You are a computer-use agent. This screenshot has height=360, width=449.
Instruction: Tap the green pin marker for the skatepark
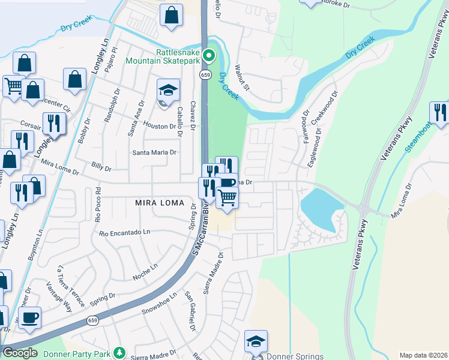tap(209, 56)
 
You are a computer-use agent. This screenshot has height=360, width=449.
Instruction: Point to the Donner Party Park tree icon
tap(119, 352)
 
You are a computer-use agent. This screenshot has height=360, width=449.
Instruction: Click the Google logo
tap(20, 353)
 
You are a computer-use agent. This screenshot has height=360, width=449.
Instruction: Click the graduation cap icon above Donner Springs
tap(256, 341)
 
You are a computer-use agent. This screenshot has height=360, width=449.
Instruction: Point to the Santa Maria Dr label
tap(155, 152)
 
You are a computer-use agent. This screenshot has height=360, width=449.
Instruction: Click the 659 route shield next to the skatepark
tap(205, 74)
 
